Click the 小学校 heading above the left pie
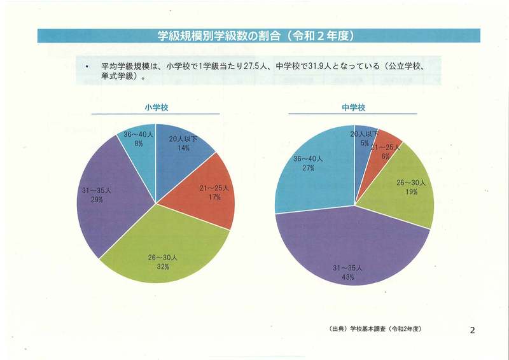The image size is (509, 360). tap(155, 107)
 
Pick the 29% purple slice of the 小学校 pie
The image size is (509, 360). tap(108, 197)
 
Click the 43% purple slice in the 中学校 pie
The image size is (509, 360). tap(350, 254)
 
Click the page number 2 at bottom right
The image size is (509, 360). tap(472, 329)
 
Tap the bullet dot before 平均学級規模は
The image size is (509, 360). tap(86, 66)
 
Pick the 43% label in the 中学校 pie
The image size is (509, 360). tap(347, 277)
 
